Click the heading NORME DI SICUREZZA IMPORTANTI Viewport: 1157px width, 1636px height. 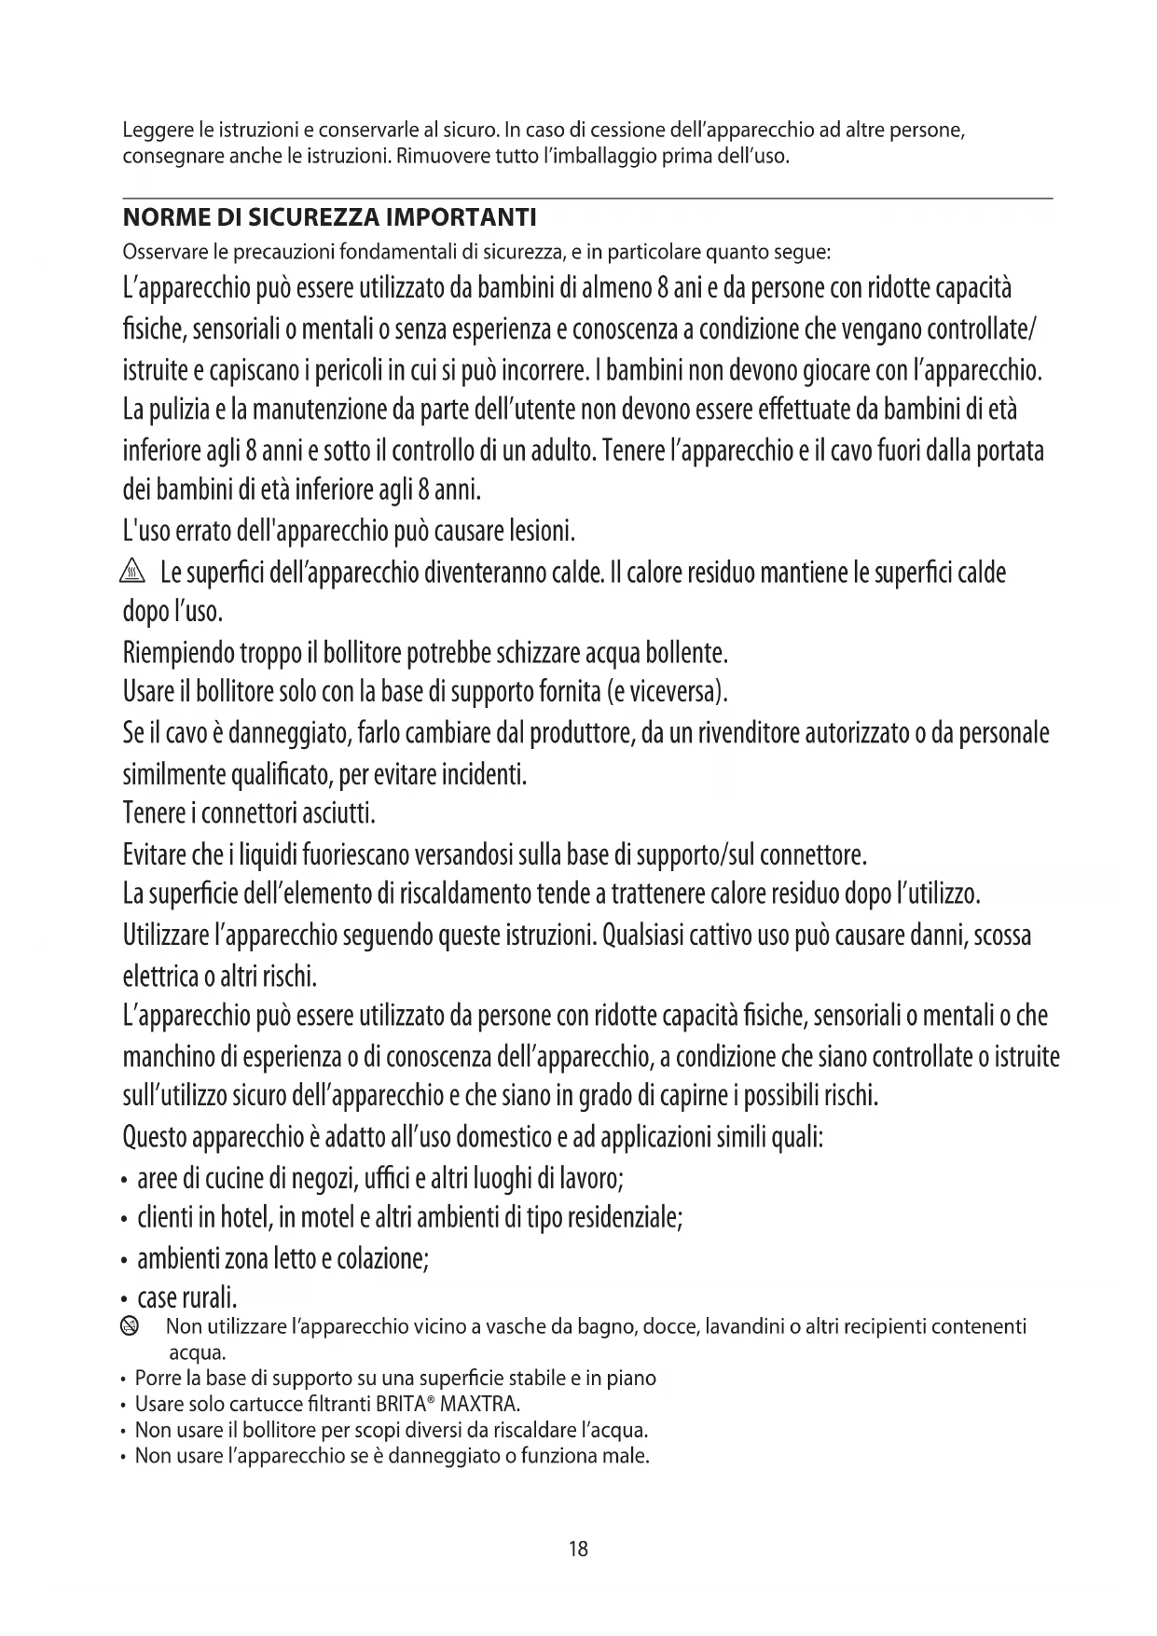click(329, 218)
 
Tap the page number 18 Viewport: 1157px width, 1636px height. click(578, 1549)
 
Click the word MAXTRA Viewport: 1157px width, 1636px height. click(478, 1404)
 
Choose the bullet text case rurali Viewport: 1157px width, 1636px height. click(187, 1297)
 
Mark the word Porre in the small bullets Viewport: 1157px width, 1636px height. click(154, 1378)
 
